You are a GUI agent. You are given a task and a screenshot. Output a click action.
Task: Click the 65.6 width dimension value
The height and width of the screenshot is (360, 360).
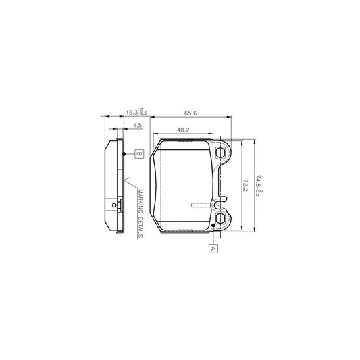pos(190,113)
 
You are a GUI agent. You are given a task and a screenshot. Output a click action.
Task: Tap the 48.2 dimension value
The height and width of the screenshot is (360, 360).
pos(183,130)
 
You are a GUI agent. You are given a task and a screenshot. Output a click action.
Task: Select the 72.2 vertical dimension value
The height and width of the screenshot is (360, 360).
pos(245,186)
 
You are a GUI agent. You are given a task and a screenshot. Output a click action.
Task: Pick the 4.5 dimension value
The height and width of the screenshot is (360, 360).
pos(137,126)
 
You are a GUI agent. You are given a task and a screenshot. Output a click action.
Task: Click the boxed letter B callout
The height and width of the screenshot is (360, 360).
pos(139,154)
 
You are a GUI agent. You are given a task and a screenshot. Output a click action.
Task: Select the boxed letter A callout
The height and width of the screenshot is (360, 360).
pos(213,248)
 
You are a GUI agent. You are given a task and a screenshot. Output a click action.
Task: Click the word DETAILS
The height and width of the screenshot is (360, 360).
pos(140,228)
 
